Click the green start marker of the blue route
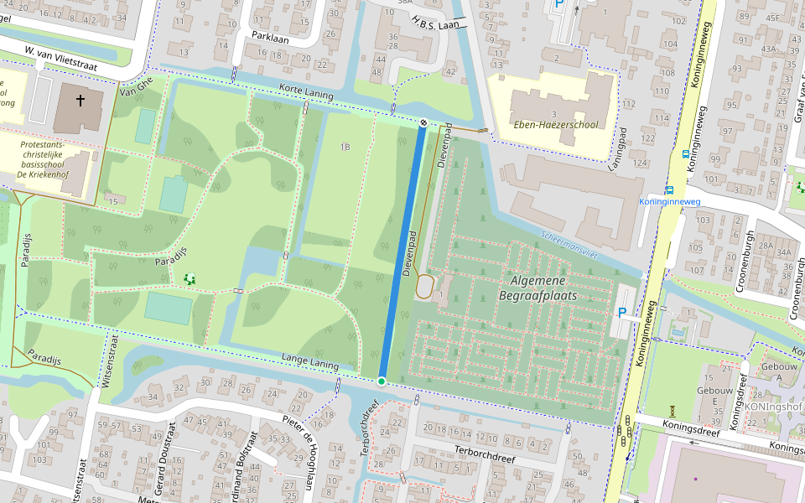tap(382, 381)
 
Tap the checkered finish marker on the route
tap(424, 122)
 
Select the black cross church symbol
tap(80, 101)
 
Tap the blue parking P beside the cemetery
tap(621, 313)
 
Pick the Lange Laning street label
tap(310, 361)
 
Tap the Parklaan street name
tap(270, 35)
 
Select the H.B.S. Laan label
tap(435, 26)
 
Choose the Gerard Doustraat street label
tap(165, 457)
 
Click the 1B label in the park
tap(345, 147)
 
